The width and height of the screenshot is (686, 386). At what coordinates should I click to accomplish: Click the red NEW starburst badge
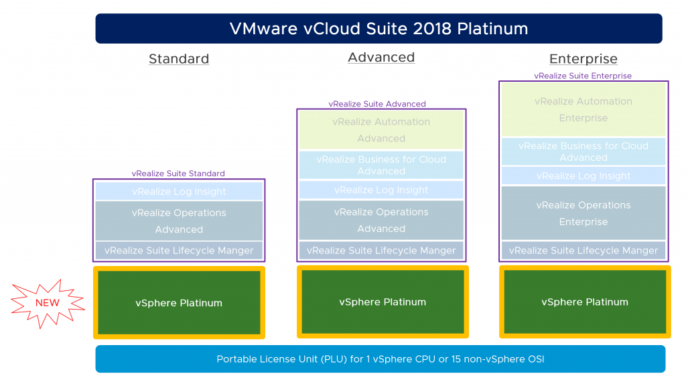(x=48, y=303)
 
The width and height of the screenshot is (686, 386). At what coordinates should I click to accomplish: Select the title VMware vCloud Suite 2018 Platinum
(x=379, y=29)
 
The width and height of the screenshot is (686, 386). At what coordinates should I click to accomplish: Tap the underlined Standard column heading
(x=179, y=59)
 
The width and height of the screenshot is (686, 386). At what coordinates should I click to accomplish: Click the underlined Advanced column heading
(x=381, y=58)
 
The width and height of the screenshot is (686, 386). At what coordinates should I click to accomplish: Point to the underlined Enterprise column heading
(x=584, y=59)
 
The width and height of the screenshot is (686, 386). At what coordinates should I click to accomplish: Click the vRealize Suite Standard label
(x=178, y=174)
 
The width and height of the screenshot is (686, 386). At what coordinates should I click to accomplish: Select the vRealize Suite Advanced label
(x=377, y=104)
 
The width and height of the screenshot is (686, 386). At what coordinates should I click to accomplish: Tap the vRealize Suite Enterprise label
(x=583, y=76)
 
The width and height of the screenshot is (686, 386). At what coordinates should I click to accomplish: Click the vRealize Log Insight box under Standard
(x=179, y=192)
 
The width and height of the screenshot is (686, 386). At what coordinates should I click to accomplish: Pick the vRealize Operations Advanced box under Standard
(x=179, y=220)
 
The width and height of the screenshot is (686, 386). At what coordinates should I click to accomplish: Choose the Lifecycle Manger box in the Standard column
(x=179, y=251)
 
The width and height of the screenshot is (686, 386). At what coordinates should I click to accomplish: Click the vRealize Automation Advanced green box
(x=381, y=130)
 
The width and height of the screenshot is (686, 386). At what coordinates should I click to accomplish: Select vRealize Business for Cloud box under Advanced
(x=381, y=165)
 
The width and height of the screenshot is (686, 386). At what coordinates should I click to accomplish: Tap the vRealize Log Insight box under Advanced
(x=381, y=190)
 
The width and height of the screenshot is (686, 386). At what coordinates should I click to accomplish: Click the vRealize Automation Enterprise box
(x=584, y=109)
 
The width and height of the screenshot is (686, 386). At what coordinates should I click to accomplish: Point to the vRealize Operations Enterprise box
(x=584, y=213)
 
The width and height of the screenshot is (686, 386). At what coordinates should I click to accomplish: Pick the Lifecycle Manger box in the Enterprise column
(x=584, y=251)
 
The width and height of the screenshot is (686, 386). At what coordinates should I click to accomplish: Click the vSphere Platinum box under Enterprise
(x=585, y=302)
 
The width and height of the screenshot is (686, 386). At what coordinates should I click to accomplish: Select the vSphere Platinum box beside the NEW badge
(x=179, y=303)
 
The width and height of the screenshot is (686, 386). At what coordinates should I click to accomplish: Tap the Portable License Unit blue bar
(x=380, y=359)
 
